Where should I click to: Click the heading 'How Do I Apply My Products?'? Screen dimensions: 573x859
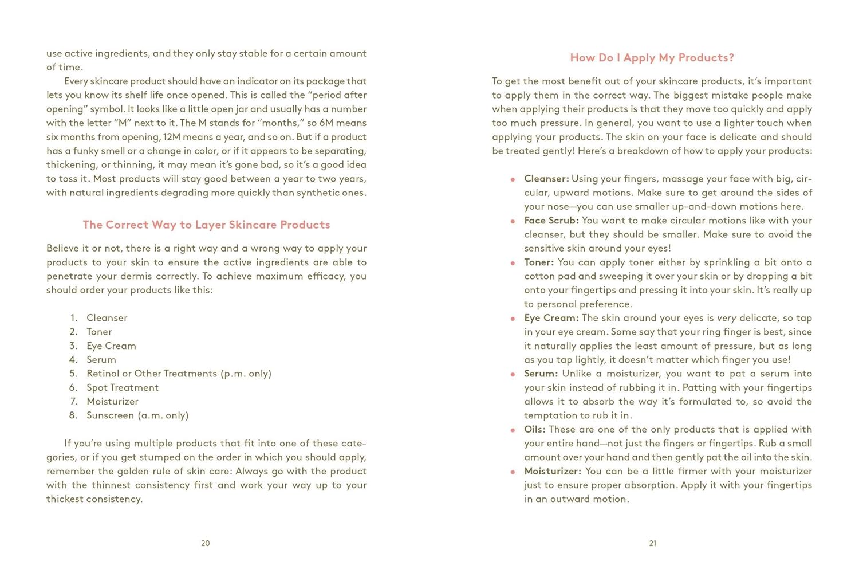(x=652, y=58)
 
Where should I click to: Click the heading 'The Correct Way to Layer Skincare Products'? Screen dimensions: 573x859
(x=206, y=225)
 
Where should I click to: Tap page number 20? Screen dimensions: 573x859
(x=205, y=543)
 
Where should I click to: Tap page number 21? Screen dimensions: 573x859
(x=652, y=543)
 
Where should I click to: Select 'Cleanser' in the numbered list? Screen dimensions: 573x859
(x=107, y=318)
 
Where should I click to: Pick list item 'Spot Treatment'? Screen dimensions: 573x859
(x=122, y=388)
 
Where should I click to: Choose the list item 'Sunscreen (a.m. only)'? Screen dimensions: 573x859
(x=137, y=415)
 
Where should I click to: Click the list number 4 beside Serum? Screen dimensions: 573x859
(x=73, y=360)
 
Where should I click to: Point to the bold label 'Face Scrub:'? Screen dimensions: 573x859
(x=551, y=221)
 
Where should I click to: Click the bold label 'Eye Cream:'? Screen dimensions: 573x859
(x=551, y=318)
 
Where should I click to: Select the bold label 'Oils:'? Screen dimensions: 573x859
(x=534, y=430)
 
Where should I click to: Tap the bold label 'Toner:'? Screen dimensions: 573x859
(x=538, y=262)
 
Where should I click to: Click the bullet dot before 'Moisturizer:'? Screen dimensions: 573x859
(x=513, y=472)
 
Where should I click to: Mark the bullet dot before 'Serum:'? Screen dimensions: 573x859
(x=513, y=375)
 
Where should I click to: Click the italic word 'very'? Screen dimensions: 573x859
(x=726, y=318)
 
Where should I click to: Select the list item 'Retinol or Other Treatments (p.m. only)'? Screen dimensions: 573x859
(x=179, y=374)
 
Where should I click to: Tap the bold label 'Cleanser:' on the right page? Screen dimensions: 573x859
(x=546, y=179)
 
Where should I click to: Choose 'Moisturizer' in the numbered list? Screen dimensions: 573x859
(x=112, y=402)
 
